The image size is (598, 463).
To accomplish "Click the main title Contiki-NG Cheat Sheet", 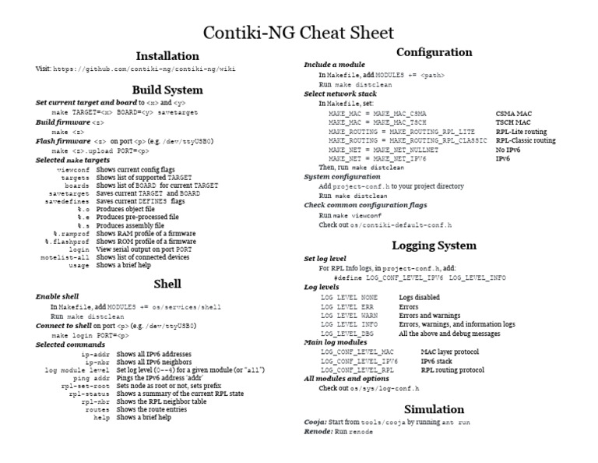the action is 299,33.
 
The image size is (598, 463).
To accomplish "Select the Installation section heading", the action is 167,56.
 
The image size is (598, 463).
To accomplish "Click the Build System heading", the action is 167,90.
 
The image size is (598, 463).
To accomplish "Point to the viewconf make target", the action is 75,168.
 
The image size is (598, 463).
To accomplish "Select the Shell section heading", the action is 167,283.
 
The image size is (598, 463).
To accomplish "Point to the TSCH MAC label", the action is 513,122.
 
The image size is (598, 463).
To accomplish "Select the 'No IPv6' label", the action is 508,149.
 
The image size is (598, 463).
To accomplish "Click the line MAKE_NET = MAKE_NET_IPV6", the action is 378,158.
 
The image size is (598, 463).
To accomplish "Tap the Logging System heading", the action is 434,246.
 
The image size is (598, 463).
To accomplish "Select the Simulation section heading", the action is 434,409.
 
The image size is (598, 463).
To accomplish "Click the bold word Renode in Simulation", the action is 318,431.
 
